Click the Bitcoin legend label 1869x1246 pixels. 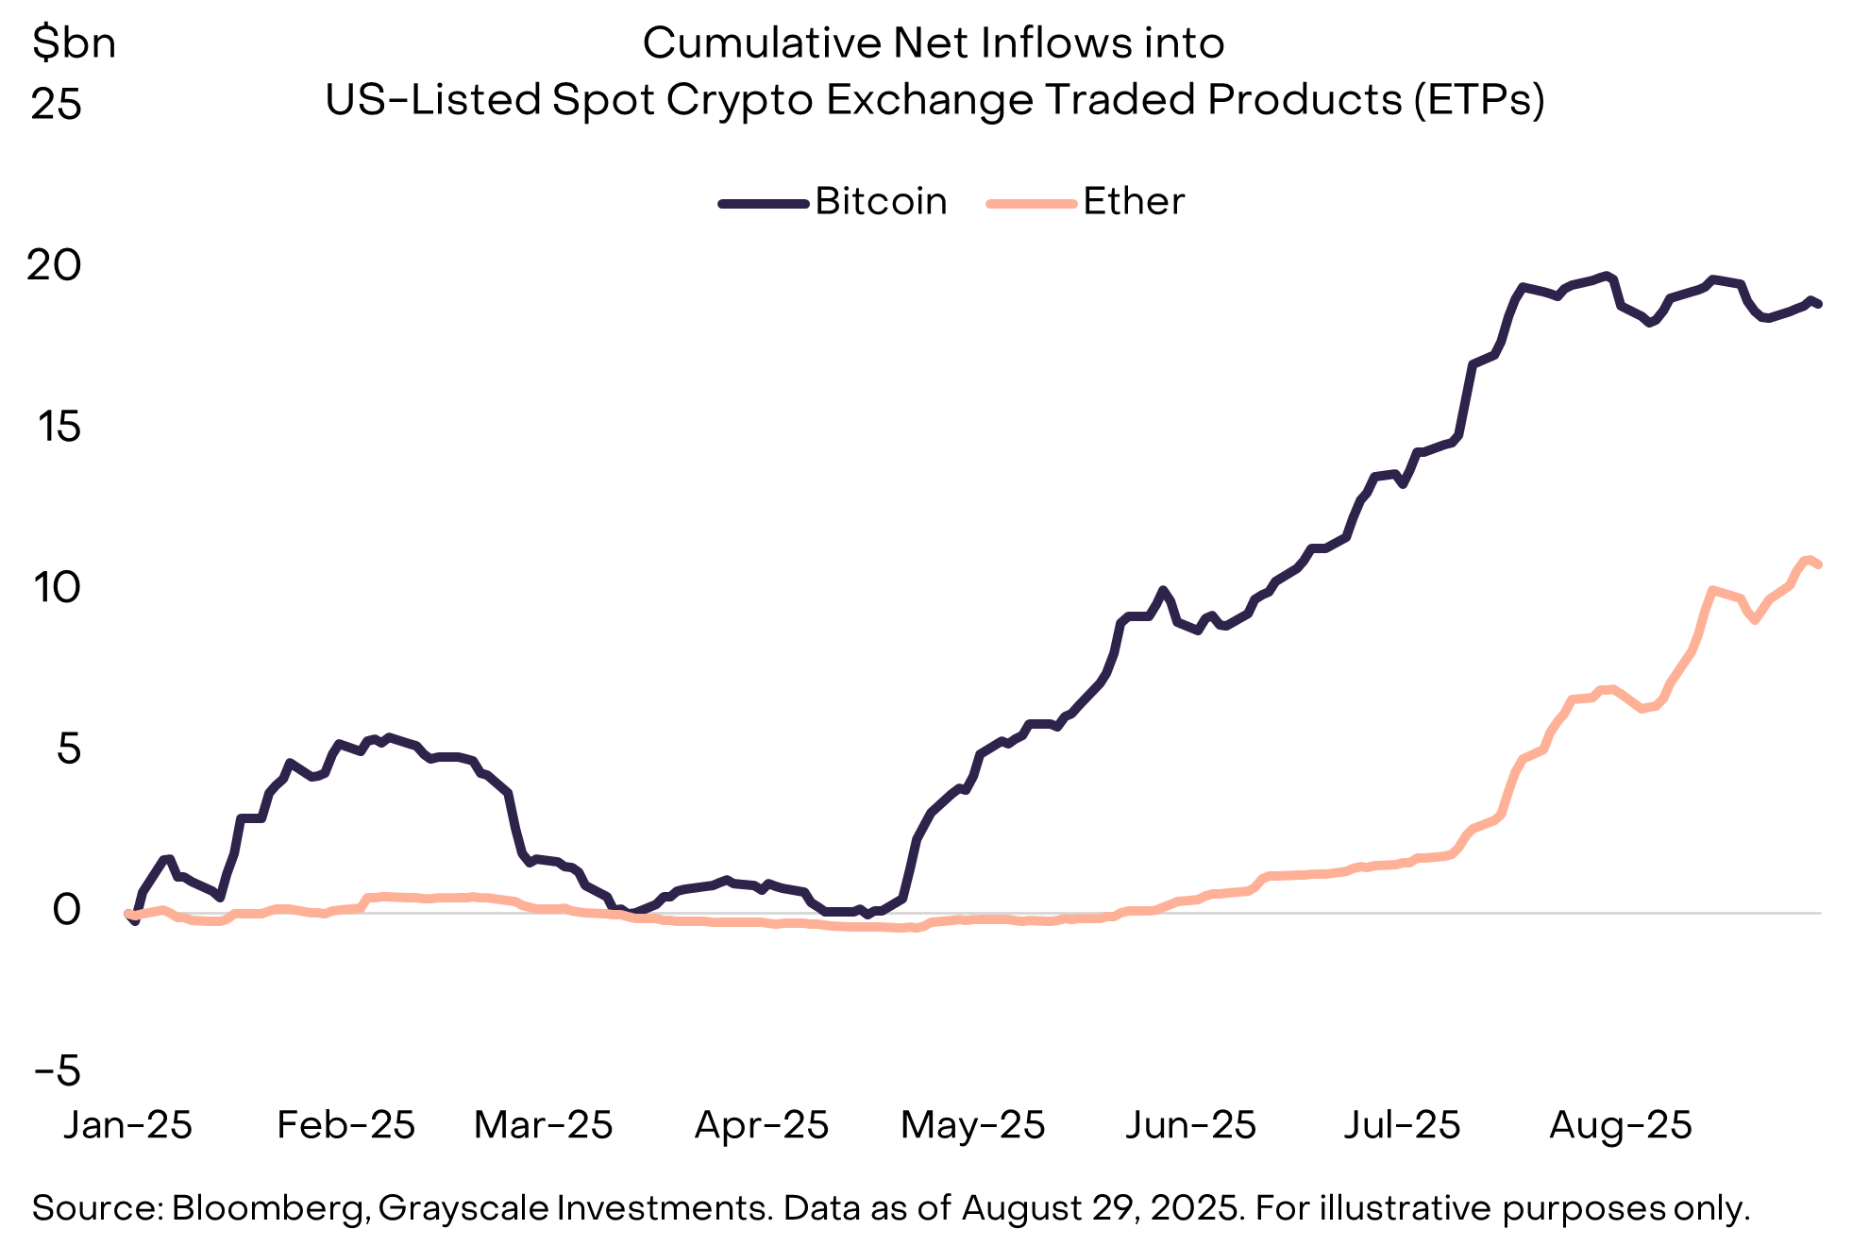pyautogui.click(x=880, y=202)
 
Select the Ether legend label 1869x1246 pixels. pyautogui.click(x=1133, y=202)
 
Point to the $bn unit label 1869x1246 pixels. pyautogui.click(x=74, y=43)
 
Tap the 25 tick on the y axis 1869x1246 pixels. pyautogui.click(x=57, y=105)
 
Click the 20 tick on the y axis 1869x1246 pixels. pyautogui.click(x=55, y=266)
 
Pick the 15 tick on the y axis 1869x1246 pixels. pyautogui.click(x=59, y=428)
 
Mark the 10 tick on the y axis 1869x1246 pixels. pyautogui.click(x=57, y=588)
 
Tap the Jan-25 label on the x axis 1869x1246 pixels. pyautogui.click(x=127, y=1125)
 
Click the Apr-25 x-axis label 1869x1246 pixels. pyautogui.click(x=762, y=1125)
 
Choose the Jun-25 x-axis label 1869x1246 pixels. pyautogui.click(x=1190, y=1125)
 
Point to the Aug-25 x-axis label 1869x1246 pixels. pyautogui.click(x=1620, y=1125)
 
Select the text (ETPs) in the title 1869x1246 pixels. pyautogui.click(x=1479, y=100)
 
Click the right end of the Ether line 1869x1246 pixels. pyautogui.click(x=1818, y=564)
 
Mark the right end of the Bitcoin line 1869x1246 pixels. pyautogui.click(x=1818, y=304)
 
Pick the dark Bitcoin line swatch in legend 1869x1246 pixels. pyautogui.click(x=763, y=203)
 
